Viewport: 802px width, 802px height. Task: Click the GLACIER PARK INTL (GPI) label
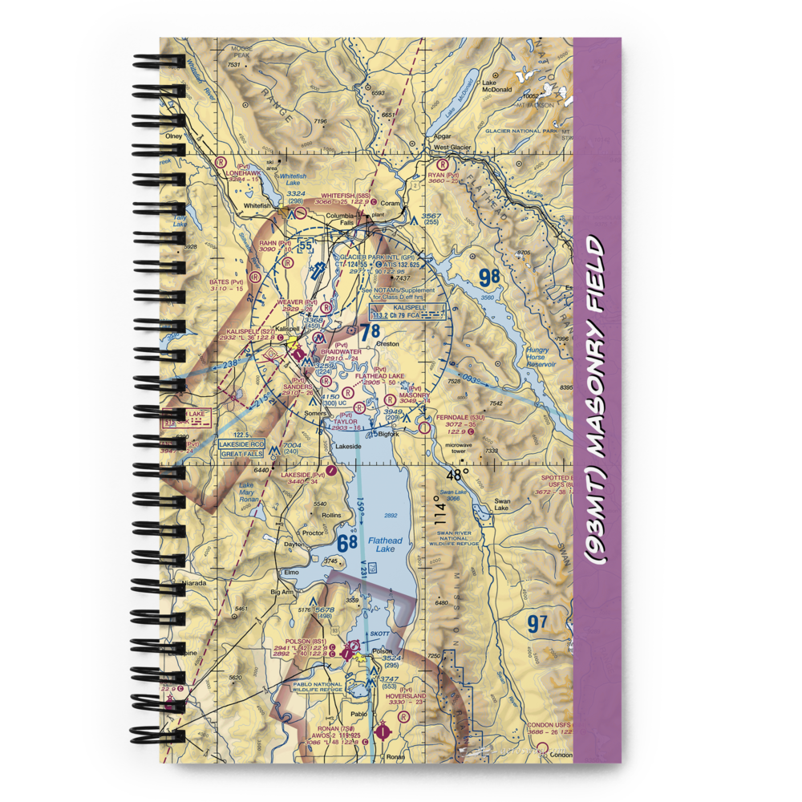click(x=371, y=257)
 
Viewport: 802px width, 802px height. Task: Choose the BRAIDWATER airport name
click(x=341, y=351)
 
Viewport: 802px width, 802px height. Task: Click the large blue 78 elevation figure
click(x=369, y=330)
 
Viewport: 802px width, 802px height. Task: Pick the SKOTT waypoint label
click(x=379, y=634)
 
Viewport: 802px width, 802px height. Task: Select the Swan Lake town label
click(x=501, y=508)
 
